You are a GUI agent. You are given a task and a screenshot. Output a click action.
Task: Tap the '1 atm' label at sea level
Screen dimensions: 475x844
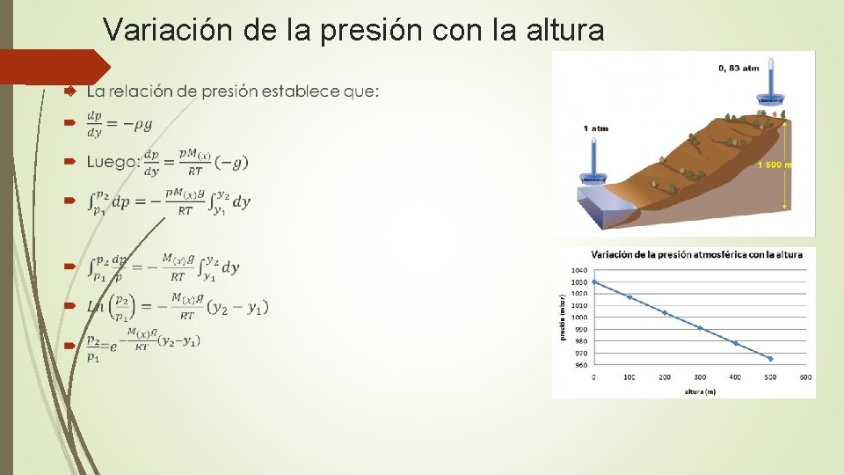[x=595, y=128]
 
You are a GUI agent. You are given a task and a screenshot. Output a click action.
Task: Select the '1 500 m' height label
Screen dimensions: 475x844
[x=775, y=164]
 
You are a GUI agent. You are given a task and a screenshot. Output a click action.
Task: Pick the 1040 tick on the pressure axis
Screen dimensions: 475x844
[x=579, y=270]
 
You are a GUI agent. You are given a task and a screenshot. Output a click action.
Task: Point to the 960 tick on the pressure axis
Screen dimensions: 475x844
[x=579, y=364]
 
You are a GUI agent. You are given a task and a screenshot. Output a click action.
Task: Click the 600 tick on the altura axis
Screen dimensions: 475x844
[x=805, y=377]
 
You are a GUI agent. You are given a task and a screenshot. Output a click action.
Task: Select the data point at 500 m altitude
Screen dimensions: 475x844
[x=771, y=359]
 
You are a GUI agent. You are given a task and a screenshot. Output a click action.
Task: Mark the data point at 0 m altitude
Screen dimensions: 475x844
[x=594, y=282]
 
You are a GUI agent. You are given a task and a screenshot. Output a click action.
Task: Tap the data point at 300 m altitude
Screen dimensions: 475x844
[x=700, y=328]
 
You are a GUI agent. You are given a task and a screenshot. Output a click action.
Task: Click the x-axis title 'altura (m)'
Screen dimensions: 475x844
[x=700, y=391]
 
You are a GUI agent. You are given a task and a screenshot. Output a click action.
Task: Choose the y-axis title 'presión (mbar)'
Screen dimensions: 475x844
[x=563, y=317]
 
